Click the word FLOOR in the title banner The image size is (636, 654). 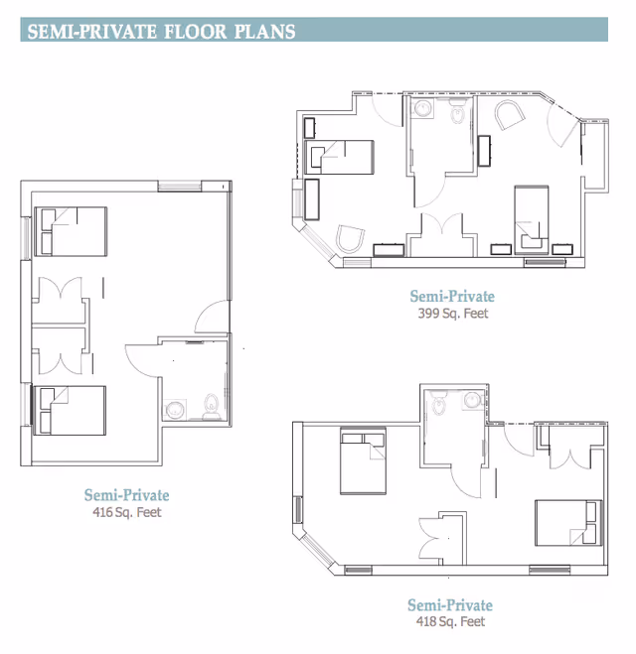pyautogui.click(x=196, y=32)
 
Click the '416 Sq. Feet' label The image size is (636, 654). pyautogui.click(x=127, y=512)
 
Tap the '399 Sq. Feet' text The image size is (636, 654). pyautogui.click(x=453, y=313)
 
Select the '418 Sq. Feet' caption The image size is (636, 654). pyautogui.click(x=450, y=621)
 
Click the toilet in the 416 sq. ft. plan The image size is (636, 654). pyautogui.click(x=212, y=406)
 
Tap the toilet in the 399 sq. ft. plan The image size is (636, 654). pyautogui.click(x=457, y=112)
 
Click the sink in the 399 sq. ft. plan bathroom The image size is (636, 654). pyautogui.click(x=422, y=108)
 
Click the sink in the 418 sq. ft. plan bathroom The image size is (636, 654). pyautogui.click(x=472, y=400)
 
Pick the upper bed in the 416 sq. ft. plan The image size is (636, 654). pyautogui.click(x=71, y=231)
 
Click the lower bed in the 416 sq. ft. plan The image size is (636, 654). pyautogui.click(x=70, y=411)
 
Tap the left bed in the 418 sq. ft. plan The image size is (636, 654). pyautogui.click(x=363, y=460)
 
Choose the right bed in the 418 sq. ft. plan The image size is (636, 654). pyautogui.click(x=568, y=523)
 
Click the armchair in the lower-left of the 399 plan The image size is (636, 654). pyautogui.click(x=350, y=239)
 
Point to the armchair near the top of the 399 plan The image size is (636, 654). pyautogui.click(x=510, y=114)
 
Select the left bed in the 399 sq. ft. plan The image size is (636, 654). pyautogui.click(x=339, y=157)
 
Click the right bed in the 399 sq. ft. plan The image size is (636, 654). pyautogui.click(x=532, y=219)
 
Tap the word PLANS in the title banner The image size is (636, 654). pyautogui.click(x=264, y=32)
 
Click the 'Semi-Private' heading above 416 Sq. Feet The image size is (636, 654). pyautogui.click(x=126, y=495)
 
